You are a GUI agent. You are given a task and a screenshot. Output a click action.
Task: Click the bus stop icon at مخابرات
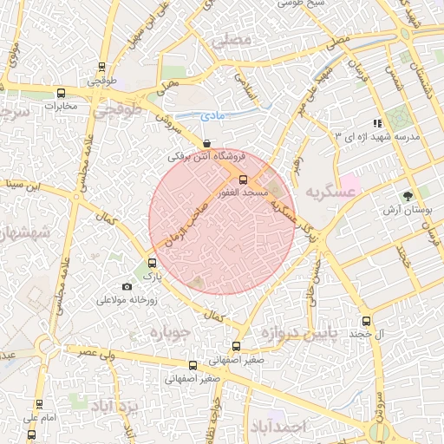tap(61, 93)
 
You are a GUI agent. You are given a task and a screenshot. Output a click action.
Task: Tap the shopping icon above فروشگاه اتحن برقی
tap(206, 144)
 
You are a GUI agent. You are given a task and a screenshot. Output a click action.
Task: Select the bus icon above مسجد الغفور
tap(242, 179)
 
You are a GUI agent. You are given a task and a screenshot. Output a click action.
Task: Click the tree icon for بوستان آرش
tap(408, 196)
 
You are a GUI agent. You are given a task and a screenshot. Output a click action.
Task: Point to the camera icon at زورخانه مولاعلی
tap(127, 287)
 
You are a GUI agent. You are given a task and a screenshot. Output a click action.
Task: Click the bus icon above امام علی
tap(39, 404)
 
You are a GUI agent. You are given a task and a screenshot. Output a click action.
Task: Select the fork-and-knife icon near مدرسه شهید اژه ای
tap(376, 124)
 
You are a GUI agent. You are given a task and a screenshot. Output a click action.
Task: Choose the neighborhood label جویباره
tap(169, 333)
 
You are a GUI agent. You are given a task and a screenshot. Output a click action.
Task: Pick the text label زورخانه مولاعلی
tap(127, 301)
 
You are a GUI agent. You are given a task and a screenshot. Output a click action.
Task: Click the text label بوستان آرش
tap(405, 211)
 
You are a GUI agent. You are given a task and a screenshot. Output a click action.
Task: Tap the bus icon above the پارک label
tap(153, 263)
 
